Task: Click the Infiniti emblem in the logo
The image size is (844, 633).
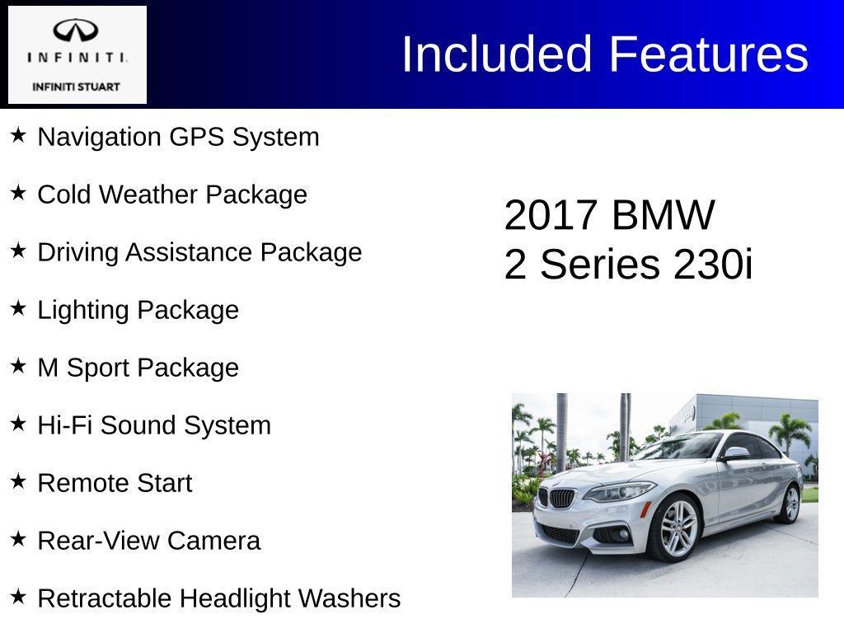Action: click(x=76, y=32)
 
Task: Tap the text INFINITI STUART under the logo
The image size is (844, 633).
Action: click(x=76, y=87)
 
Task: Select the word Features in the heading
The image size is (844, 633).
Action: click(x=709, y=55)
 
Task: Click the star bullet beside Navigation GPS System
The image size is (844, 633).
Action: click(x=18, y=135)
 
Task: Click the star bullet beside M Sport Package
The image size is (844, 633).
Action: click(x=18, y=366)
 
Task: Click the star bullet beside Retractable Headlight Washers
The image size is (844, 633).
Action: click(x=18, y=597)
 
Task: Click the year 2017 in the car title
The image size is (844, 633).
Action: click(x=550, y=216)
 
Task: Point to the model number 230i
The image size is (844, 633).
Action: click(x=713, y=265)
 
